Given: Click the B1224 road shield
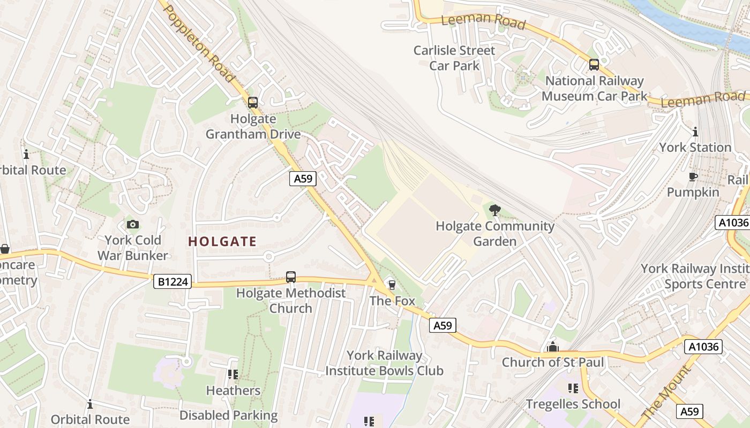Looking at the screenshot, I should tap(172, 281).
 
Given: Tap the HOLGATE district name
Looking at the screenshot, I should tap(222, 241).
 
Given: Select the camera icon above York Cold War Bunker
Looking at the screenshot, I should tap(132, 225).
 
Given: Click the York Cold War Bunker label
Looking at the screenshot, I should tap(133, 248).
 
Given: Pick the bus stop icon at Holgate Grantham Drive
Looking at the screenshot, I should tap(253, 102).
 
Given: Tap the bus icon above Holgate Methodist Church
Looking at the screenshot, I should tap(291, 277).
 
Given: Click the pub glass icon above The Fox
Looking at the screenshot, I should tap(392, 285).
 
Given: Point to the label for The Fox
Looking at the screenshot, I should tap(392, 301).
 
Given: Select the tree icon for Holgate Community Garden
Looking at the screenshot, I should tap(495, 210).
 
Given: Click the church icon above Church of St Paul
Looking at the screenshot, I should tap(553, 347).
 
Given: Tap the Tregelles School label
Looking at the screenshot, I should tap(573, 404).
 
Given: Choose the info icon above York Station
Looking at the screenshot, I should tap(695, 132).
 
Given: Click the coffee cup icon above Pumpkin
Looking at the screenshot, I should tap(693, 177).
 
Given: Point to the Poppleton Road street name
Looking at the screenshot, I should tap(200, 44).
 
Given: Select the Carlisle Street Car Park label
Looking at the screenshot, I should tap(454, 58).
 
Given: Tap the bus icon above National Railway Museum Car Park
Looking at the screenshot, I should tap(594, 65).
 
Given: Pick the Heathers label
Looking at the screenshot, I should tap(233, 391).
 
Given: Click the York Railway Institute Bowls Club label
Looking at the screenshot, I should tap(384, 363).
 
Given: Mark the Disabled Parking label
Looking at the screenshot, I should tap(228, 415).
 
